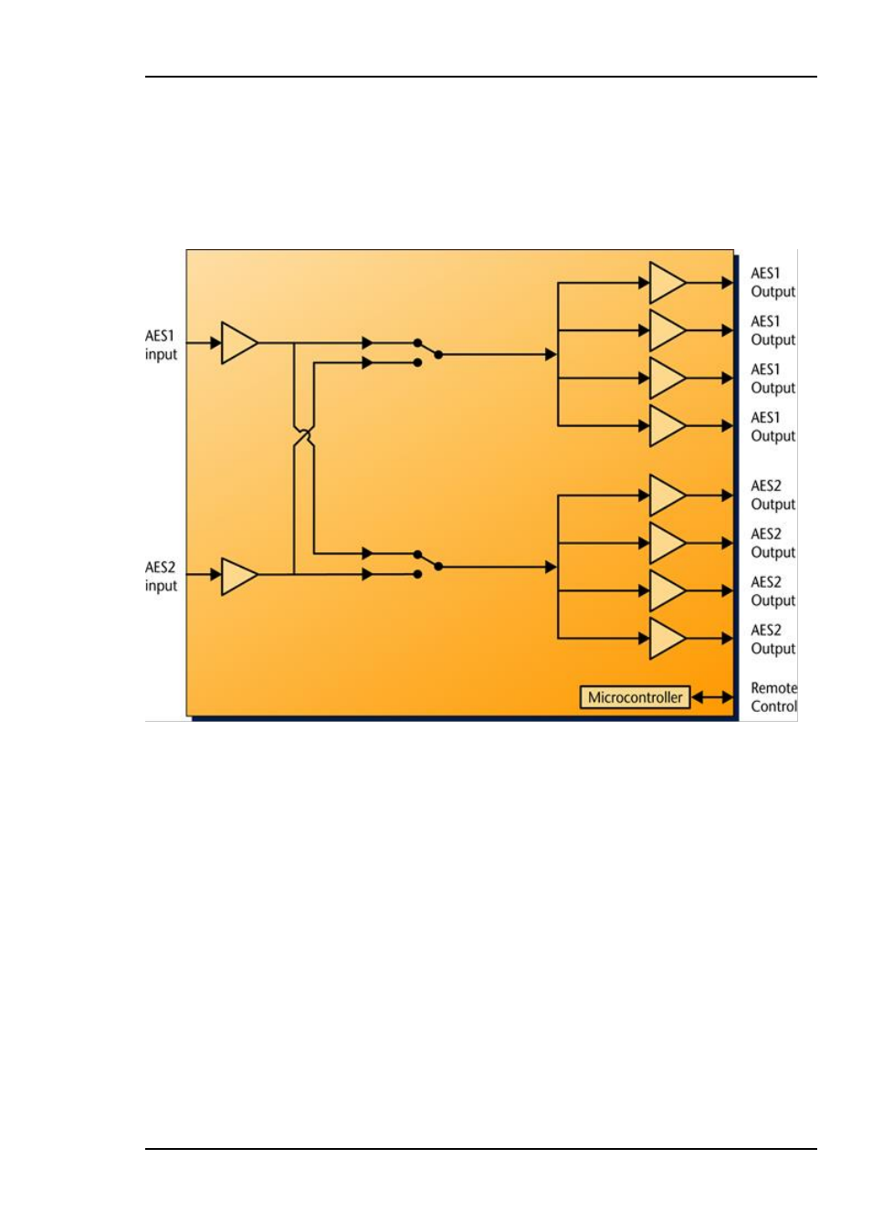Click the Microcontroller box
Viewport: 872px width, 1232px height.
635,697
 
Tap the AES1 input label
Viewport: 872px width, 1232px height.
161,345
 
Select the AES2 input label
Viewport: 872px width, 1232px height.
161,577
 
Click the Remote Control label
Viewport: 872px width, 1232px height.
773,697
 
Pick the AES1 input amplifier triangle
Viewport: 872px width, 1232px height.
237,343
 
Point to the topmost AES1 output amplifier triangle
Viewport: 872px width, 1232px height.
666,283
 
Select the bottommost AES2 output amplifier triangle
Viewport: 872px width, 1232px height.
666,639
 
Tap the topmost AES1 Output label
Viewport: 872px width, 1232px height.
772,283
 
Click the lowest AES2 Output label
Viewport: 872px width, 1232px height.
772,640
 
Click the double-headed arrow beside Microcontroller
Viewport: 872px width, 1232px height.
712,697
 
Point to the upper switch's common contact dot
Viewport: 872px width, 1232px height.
438,354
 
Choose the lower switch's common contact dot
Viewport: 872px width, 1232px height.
438,567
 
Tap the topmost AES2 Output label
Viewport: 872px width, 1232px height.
772,496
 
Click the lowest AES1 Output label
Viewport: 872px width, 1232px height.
772,427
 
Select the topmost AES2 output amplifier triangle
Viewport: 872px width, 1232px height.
666,496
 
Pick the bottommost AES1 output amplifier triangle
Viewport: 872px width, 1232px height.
666,426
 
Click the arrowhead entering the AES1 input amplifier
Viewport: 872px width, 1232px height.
215,343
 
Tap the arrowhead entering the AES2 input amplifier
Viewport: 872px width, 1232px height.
215,575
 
